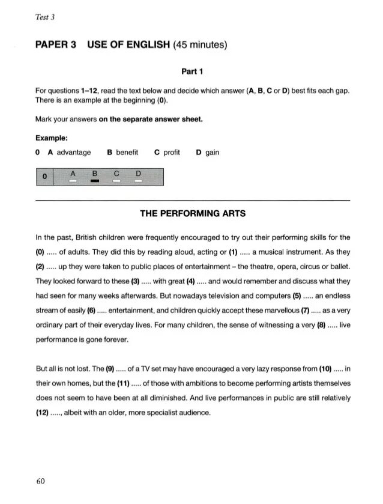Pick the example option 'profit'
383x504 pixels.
tap(172, 153)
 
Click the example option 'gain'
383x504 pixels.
tap(212, 153)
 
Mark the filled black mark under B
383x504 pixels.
tap(94, 181)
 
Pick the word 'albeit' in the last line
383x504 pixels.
tap(83, 413)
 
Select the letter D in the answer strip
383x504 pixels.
tap(138, 174)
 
